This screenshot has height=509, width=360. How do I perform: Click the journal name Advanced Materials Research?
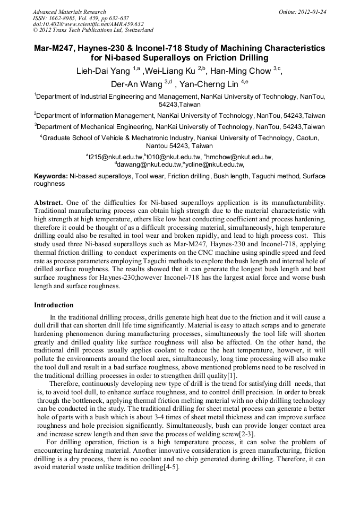click(69, 12)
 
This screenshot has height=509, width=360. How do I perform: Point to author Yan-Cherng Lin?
click(209, 84)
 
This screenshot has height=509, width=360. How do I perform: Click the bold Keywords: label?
click(51, 176)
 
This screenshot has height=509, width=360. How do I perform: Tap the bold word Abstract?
click(49, 203)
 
